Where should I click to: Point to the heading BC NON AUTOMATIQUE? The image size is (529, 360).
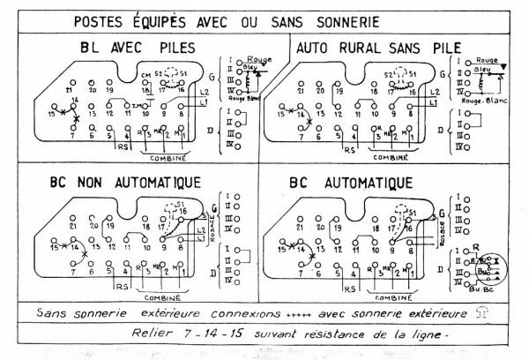[123, 184]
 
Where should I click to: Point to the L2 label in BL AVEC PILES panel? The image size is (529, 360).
[205, 92]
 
